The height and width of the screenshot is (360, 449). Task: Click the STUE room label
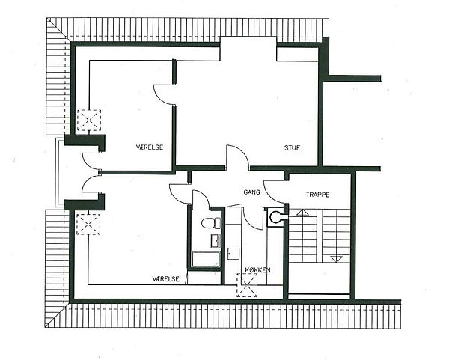coord(292,147)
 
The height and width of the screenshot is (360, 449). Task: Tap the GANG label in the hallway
coord(251,192)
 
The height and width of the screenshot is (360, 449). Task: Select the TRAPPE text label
coord(317,195)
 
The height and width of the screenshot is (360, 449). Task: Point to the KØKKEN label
coord(257,270)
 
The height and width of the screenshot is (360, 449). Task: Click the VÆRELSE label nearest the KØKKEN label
coord(166,278)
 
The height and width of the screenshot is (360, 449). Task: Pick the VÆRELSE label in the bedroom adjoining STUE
coord(150,147)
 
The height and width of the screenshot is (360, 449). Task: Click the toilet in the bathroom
coord(211,223)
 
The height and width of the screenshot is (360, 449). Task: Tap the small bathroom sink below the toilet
coord(216,240)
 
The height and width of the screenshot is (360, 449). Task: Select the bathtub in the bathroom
coord(206,260)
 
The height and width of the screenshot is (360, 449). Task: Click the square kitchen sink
coord(233,254)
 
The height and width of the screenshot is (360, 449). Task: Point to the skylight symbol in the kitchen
coord(247,285)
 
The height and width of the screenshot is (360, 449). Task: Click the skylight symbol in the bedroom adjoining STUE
coord(89,120)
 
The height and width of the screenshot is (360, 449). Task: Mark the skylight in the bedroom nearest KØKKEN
coord(88,225)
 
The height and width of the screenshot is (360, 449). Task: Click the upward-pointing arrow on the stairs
coord(302,213)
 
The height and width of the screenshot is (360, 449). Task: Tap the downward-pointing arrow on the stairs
coord(337,259)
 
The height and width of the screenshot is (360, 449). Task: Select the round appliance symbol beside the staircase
coord(275,217)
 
